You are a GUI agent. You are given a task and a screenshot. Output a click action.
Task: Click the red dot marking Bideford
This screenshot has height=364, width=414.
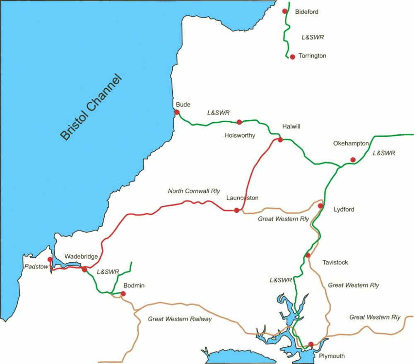284,11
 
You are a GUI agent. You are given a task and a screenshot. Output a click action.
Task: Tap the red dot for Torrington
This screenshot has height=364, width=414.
292,57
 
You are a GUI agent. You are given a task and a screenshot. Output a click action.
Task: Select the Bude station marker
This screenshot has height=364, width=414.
177,112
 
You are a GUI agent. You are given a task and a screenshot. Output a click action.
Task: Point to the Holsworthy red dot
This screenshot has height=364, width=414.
239,122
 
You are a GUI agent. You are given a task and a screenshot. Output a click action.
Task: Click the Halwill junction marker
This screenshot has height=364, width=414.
280,140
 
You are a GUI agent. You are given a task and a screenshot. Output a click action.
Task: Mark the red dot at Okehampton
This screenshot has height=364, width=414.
353,160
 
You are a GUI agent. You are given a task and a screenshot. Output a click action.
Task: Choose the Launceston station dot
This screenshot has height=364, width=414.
236,210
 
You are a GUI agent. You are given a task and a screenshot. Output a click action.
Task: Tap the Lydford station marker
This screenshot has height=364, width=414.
320,206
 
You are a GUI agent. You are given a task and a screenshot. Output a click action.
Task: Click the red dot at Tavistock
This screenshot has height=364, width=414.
308,255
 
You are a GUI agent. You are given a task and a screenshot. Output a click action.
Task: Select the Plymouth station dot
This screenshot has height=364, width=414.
311,344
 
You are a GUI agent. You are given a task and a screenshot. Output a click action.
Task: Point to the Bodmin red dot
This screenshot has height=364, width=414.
123,294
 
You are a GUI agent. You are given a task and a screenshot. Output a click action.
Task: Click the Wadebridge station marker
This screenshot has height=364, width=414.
84,269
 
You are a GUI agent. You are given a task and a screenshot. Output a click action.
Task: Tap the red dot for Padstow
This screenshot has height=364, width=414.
50,260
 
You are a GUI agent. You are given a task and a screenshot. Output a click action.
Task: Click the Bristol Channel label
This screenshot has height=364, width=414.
92,107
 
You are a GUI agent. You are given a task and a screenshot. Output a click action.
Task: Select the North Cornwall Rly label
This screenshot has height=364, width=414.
194,191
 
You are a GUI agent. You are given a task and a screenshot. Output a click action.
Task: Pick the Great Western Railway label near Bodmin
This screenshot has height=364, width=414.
180,319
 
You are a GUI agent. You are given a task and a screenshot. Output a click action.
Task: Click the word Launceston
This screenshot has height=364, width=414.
242,198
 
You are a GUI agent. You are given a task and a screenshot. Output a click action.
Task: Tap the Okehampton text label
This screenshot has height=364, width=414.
351,143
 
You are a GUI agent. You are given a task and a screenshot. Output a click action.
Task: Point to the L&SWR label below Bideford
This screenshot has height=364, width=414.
312,37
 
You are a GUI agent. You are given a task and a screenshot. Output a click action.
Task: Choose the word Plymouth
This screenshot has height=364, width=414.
332,356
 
